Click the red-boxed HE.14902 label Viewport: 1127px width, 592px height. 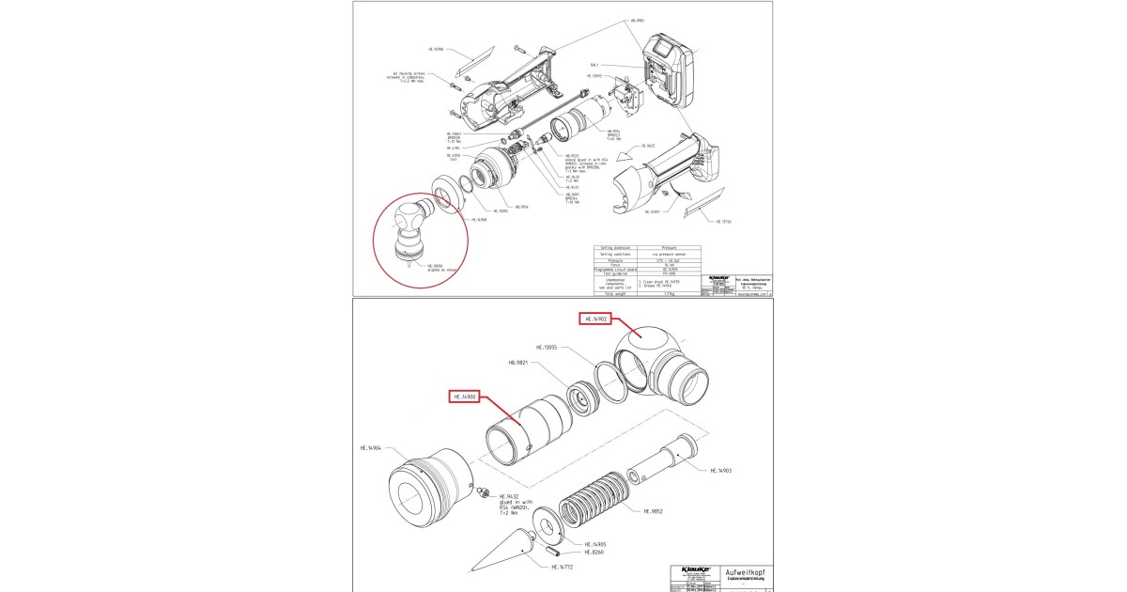pyautogui.click(x=595, y=319)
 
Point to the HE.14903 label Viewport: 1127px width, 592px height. pyautogui.click(x=721, y=470)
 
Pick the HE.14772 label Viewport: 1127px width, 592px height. pyautogui.click(x=561, y=568)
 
